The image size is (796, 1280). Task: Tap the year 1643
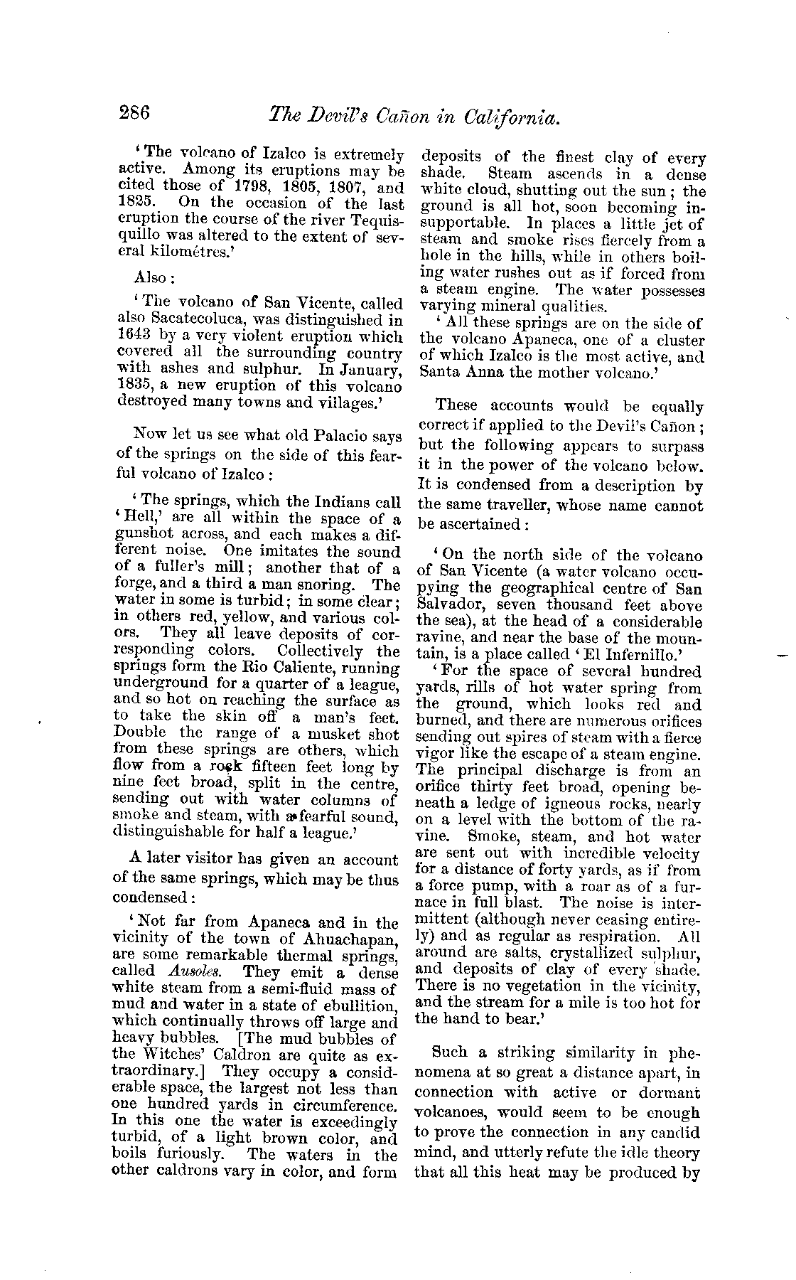coord(133,337)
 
